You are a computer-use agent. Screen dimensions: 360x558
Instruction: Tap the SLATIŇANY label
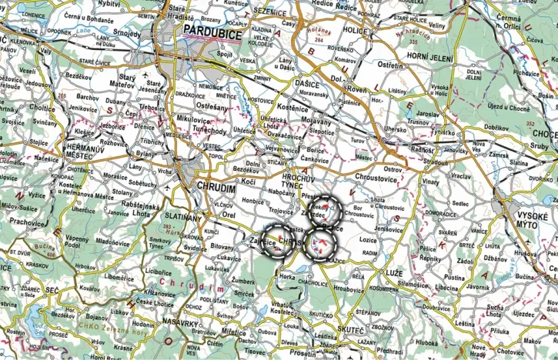(183, 219)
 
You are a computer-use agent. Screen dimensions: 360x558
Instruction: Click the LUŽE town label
(394, 273)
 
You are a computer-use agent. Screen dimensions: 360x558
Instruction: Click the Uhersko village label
(396, 130)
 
